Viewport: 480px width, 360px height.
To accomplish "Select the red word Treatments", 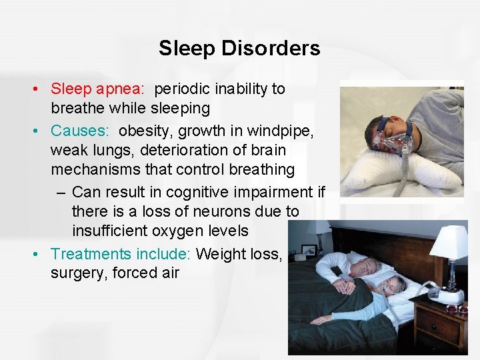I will (91, 254).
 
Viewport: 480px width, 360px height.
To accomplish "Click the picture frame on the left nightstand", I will (309, 251).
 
